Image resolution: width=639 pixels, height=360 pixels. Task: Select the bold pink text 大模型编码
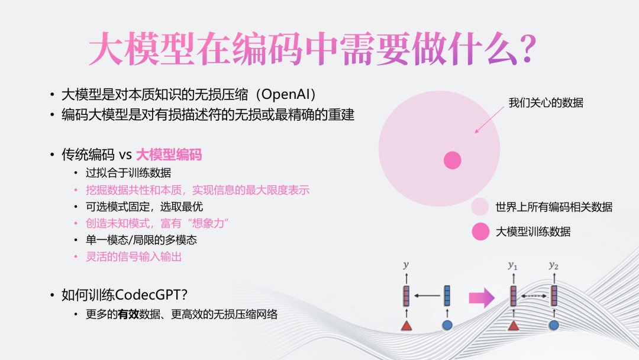pos(169,155)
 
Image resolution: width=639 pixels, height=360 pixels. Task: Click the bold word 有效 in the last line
pos(128,314)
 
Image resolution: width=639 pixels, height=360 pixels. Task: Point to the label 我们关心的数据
pos(546,103)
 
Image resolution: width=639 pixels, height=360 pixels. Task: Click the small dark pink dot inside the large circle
pos(453,160)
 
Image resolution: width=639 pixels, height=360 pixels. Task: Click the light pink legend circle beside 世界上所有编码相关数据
pos(480,207)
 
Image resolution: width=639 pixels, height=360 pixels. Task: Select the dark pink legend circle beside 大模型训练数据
pos(480,232)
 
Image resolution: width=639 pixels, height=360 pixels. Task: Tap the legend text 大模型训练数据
pos(533,232)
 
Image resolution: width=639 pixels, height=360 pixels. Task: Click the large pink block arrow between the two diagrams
pos(482,298)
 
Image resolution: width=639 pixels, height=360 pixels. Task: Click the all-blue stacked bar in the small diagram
pos(447,295)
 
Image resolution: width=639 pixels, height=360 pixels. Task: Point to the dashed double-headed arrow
pos(534,296)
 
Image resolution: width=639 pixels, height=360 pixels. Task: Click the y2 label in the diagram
pos(553,265)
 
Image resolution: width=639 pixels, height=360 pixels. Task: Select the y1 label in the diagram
pos(512,266)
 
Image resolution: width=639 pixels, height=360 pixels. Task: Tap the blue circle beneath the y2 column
pos(554,325)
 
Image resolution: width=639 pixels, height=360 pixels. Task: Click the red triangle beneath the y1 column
pos(514,325)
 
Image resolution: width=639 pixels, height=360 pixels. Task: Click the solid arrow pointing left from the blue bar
pos(427,295)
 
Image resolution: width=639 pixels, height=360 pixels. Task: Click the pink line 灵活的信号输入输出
pos(134,257)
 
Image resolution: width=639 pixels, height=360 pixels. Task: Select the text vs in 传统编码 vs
pos(125,155)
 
